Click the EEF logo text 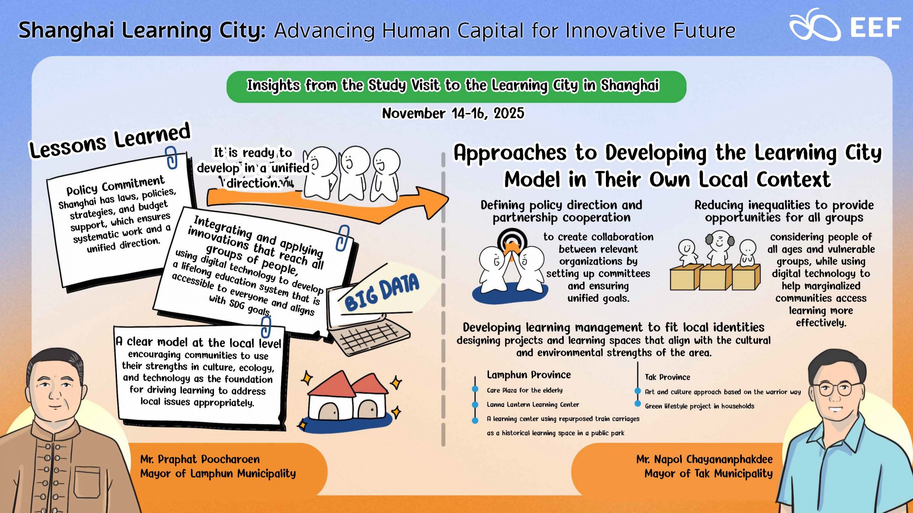[876, 27]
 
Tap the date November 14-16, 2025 [453, 113]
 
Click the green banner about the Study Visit [456, 87]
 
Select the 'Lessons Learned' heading [110, 141]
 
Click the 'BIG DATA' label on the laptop [382, 292]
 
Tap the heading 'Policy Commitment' [115, 185]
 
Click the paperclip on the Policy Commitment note [172, 157]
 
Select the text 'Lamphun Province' [529, 375]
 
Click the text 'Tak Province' [667, 377]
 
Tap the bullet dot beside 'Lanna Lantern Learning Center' [475, 405]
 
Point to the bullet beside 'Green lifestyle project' [638, 404]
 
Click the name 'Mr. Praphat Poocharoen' [200, 459]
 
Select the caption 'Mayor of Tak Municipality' [708, 473]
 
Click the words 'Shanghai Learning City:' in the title [142, 30]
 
